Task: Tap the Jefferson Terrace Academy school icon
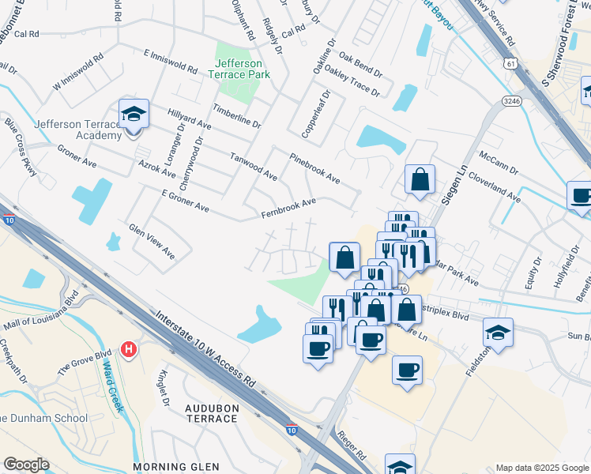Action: tap(134, 115)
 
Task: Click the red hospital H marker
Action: tap(129, 348)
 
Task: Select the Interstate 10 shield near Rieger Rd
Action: tap(292, 431)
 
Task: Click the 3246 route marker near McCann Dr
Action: tap(510, 100)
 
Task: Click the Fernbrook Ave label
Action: tap(288, 209)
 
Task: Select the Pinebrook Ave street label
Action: tap(314, 168)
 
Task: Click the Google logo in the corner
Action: tap(26, 465)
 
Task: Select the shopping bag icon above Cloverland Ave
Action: tap(420, 179)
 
